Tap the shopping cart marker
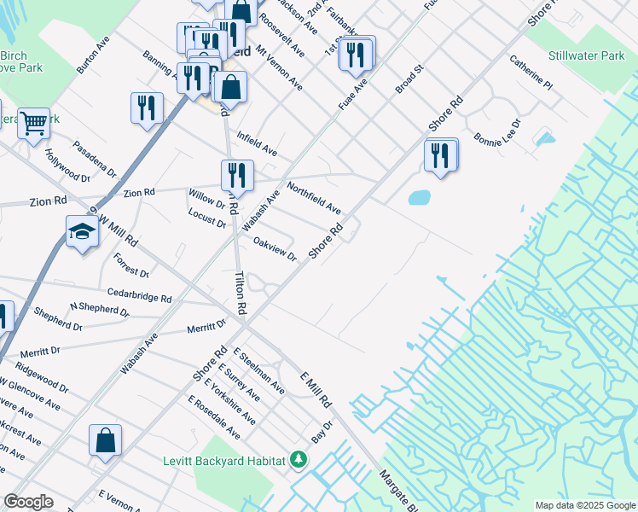32,123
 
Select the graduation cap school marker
82,231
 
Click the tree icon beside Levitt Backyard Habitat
298,460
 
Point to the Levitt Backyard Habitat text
223,461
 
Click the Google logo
28,502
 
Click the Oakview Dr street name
275,249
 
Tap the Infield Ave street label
257,143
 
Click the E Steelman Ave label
259,370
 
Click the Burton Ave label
93,55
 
